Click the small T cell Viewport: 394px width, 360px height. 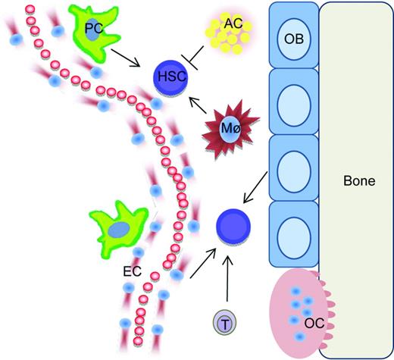point(226,322)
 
